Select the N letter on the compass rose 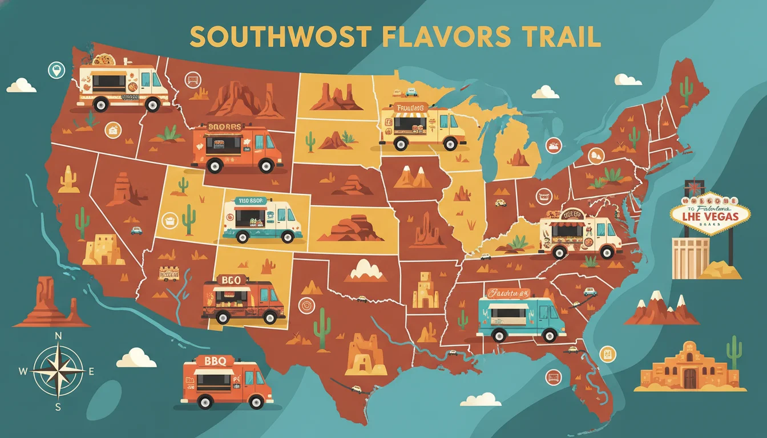coord(58,336)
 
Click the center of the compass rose coord(58,371)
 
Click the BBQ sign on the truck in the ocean coord(211,361)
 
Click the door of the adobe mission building coord(689,378)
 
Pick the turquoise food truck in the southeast coord(520,317)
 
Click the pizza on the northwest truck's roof coord(104,59)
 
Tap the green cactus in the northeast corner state coord(686,89)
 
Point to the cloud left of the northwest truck coord(22,86)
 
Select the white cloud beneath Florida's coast coord(481,399)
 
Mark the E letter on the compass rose coord(91,371)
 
